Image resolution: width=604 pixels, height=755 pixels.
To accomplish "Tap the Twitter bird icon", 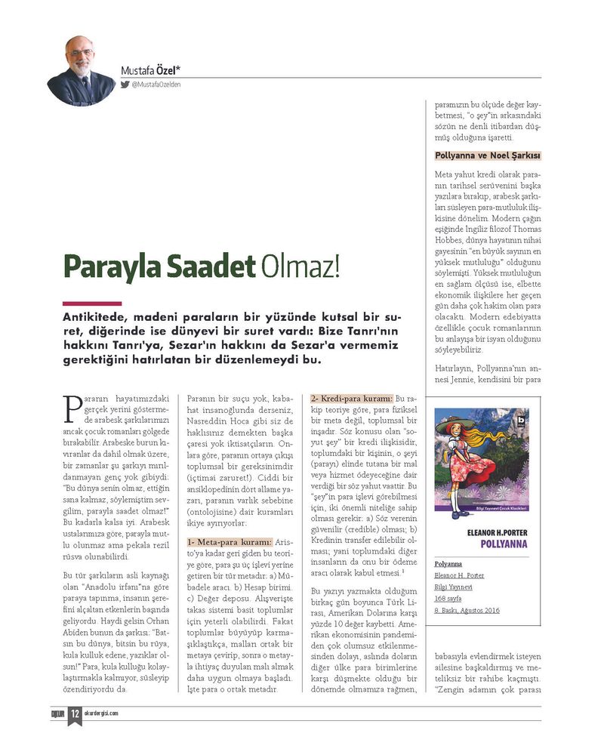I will pos(125,85).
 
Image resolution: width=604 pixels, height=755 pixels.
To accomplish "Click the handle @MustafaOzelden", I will pos(156,85).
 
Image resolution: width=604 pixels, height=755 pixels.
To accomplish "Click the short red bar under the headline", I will pos(91,304).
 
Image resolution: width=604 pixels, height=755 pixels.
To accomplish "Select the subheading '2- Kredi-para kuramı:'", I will pos(351,398).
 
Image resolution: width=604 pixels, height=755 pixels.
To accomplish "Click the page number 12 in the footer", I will pos(75,713).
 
